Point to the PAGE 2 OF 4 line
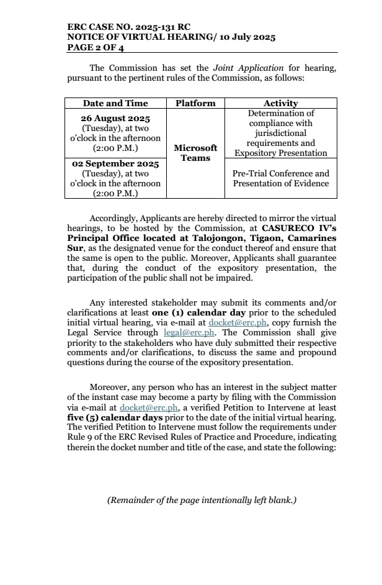click(95, 47)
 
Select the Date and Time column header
click(115, 103)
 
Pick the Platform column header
click(195, 103)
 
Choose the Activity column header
click(280, 103)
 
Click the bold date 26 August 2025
click(115, 118)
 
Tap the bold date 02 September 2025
click(115, 164)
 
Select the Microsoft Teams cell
click(195, 153)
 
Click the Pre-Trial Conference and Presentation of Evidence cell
click(280, 178)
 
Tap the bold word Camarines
click(312, 238)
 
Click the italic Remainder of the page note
click(202, 499)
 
